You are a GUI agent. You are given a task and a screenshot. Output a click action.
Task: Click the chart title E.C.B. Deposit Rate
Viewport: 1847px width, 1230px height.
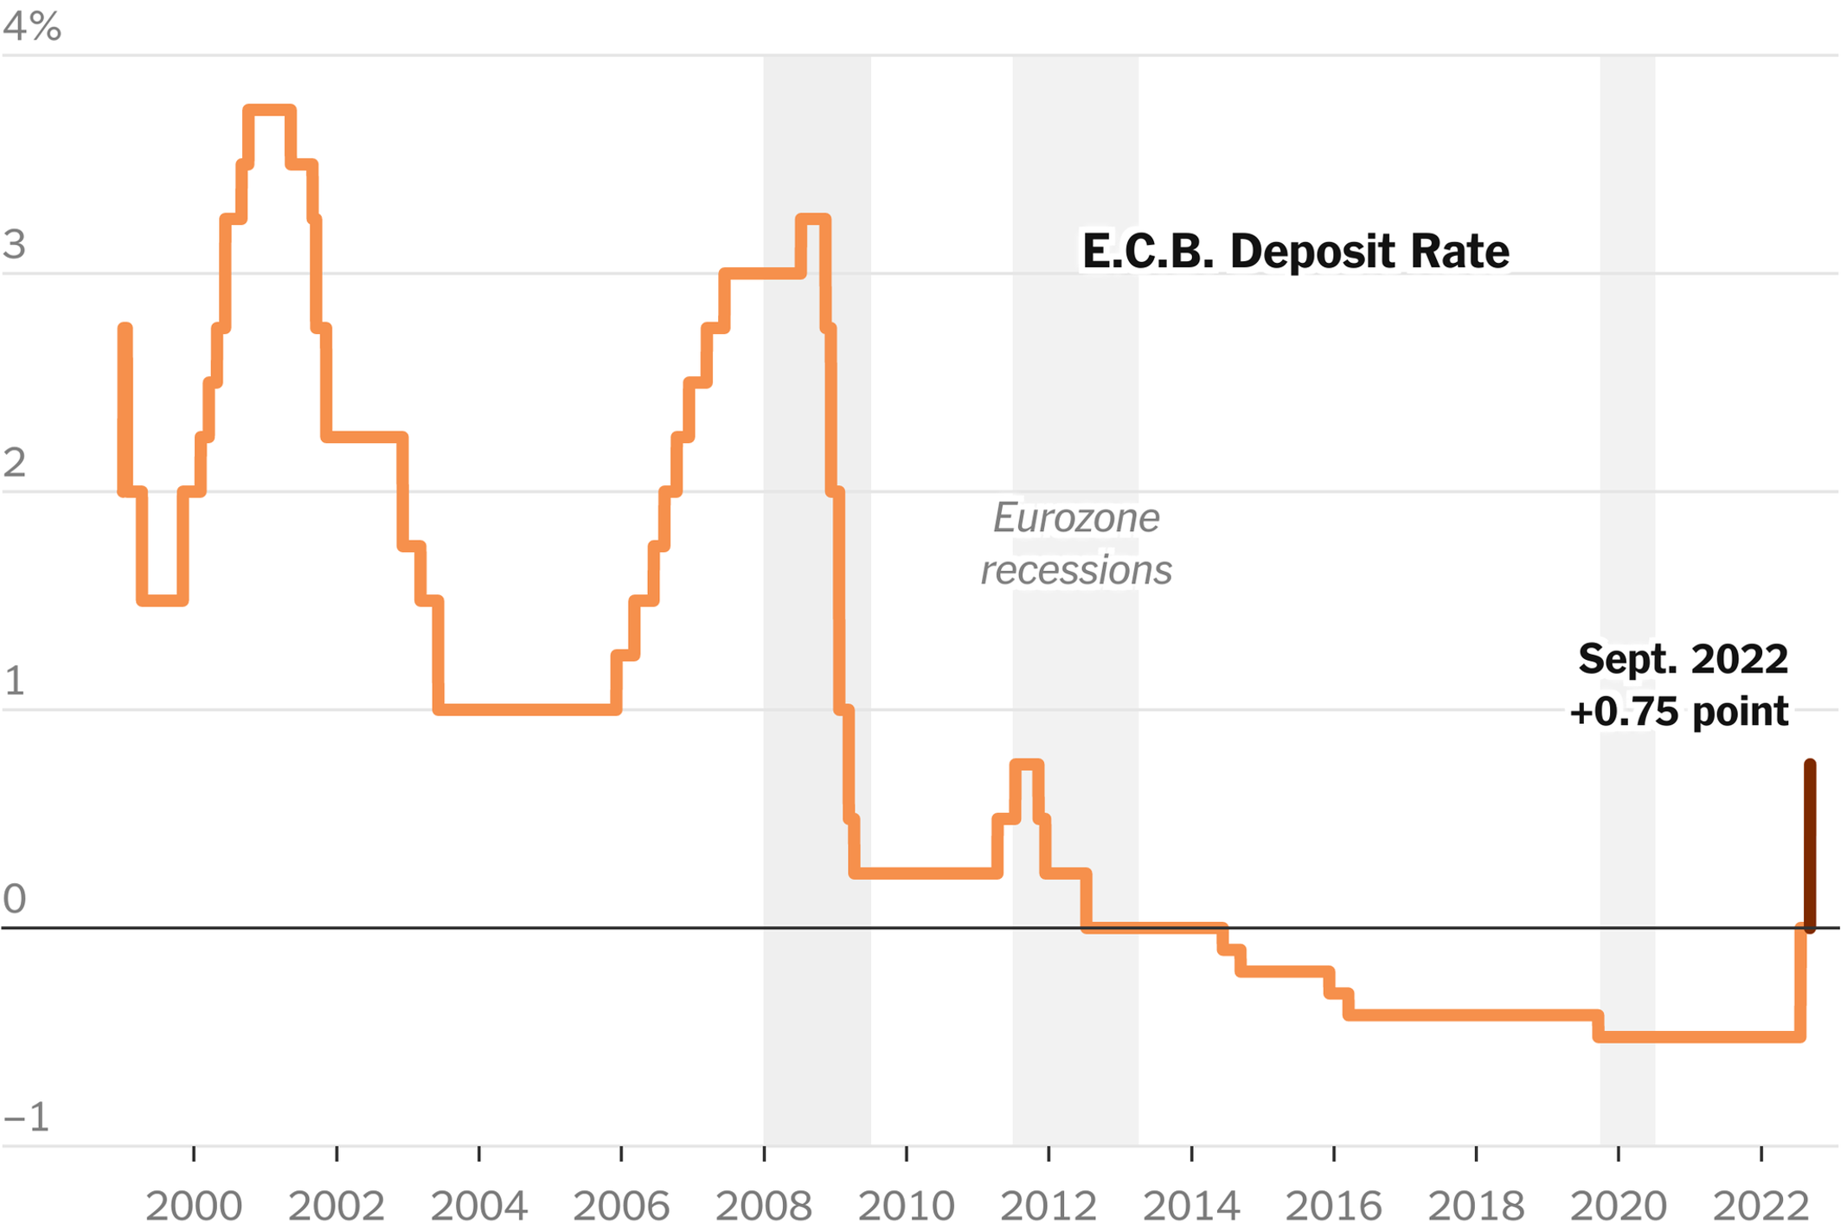[1295, 252]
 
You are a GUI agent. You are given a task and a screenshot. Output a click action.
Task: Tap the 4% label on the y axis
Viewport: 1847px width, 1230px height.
[32, 27]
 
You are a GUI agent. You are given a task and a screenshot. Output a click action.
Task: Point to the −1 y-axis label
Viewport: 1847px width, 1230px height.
[27, 1118]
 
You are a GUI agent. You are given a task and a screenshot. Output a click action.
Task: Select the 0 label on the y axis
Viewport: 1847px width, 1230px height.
[15, 900]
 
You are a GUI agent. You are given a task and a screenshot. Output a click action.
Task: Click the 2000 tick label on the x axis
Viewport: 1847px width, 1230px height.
[194, 1206]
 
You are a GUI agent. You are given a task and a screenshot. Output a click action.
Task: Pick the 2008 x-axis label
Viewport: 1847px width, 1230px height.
[764, 1206]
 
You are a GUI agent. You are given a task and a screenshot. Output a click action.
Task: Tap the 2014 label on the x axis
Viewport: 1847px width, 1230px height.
[1191, 1206]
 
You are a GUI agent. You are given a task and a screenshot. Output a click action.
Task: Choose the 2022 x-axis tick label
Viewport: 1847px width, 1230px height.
[1761, 1206]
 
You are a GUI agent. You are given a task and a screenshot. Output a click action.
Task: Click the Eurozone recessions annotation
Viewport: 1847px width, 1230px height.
[1076, 544]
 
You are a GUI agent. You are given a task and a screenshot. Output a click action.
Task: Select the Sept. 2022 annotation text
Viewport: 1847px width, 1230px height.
[1683, 659]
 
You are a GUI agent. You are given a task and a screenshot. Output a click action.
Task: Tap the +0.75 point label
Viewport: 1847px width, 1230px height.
[1679, 712]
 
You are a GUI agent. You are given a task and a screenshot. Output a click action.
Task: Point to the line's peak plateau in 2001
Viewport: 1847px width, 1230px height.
[270, 111]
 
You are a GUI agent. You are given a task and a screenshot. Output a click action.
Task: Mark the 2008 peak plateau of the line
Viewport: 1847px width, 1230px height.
[813, 220]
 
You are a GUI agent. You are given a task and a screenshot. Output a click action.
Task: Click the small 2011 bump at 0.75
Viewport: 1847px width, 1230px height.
[1027, 765]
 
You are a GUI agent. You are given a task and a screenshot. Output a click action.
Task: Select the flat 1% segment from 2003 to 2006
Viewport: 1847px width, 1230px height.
[528, 709]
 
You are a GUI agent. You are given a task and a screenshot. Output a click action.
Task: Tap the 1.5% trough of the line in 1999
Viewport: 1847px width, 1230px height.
[163, 599]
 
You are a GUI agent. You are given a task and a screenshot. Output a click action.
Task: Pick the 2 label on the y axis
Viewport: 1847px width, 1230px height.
[15, 464]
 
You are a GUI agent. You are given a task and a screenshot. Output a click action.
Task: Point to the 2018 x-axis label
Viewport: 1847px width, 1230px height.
[1476, 1206]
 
